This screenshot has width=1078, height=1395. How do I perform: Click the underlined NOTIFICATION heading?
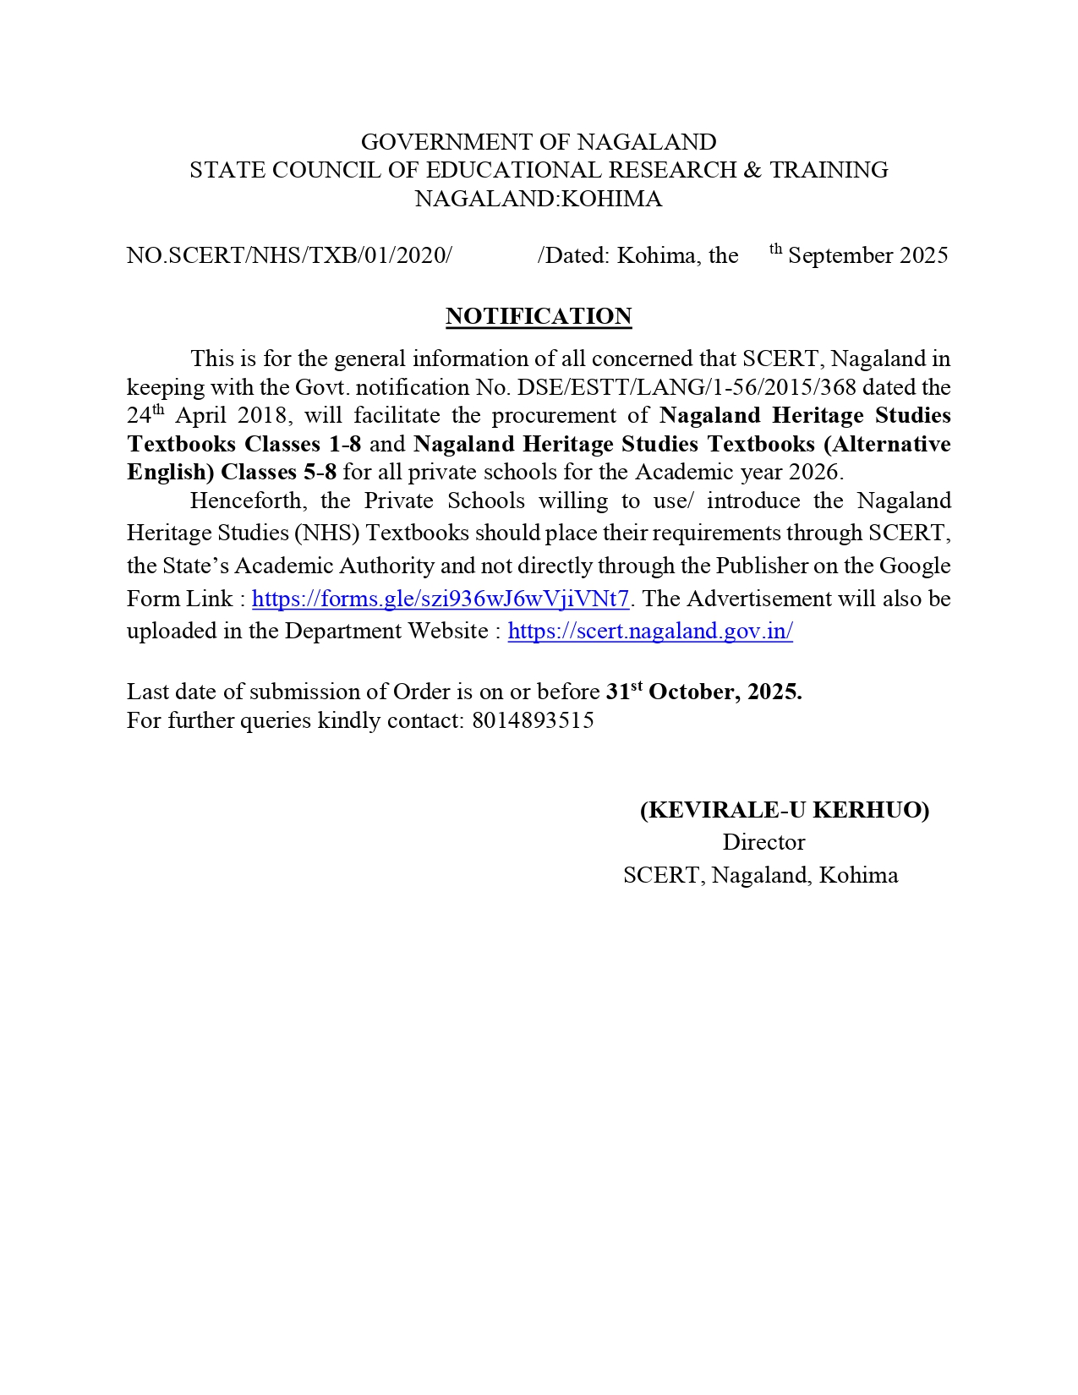click(x=539, y=316)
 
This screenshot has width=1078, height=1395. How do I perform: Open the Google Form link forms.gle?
click(x=441, y=599)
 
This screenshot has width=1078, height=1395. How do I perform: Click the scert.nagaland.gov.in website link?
click(x=650, y=631)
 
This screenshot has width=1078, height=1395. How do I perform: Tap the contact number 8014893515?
click(x=533, y=720)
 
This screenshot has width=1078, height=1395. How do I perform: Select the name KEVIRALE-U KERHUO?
click(x=785, y=810)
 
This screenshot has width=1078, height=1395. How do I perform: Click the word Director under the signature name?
click(x=763, y=842)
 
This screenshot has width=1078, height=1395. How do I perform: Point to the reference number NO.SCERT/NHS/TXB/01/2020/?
click(x=289, y=255)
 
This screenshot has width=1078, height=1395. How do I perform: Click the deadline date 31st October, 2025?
click(x=703, y=692)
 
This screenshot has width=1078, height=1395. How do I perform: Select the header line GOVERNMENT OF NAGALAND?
click(x=539, y=141)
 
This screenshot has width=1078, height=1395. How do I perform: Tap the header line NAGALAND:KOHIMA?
click(x=539, y=199)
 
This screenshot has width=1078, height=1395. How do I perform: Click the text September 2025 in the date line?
click(x=867, y=255)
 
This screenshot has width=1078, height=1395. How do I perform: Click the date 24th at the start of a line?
click(x=145, y=416)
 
